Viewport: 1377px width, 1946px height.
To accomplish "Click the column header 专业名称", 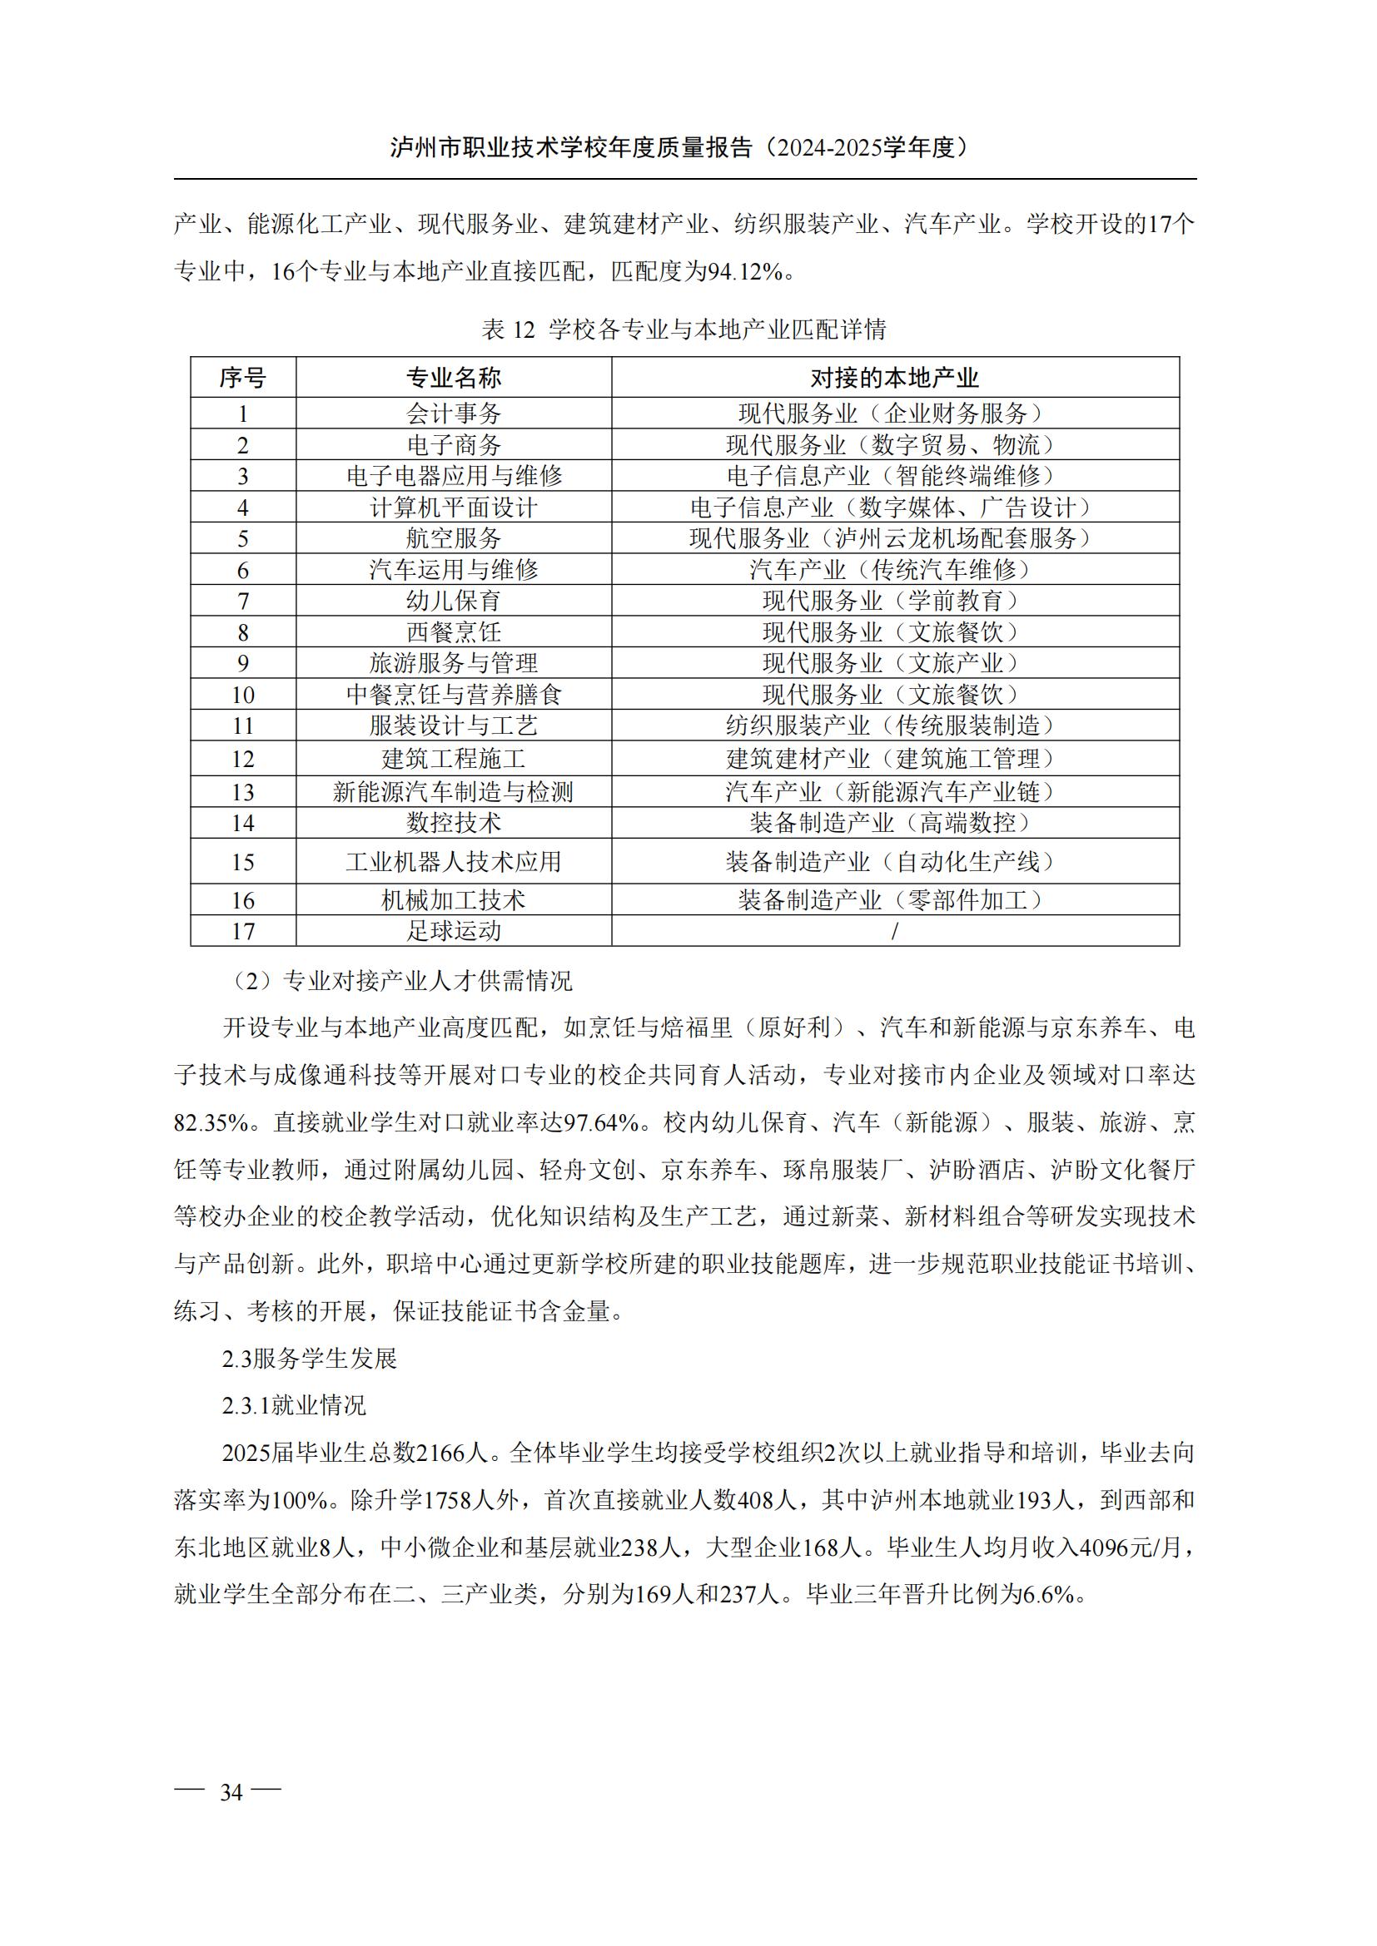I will [454, 378].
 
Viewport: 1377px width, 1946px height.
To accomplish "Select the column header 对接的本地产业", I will [894, 378].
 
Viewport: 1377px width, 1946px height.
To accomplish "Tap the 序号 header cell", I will [242, 378].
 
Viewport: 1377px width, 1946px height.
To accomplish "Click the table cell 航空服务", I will [454, 538].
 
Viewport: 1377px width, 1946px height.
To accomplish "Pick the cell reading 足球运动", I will [454, 931].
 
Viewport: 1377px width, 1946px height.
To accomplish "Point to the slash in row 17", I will [894, 931].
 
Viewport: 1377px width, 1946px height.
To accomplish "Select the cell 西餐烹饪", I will [454, 632].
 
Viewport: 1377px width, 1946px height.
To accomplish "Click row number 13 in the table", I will [242, 791].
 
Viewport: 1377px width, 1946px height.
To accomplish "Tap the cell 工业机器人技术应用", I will [454, 862].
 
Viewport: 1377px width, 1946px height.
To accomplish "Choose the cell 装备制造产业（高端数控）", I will [894, 823].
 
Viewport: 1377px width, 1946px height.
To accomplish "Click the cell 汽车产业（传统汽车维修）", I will [894, 570].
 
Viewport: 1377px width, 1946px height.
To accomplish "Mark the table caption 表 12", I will [509, 329].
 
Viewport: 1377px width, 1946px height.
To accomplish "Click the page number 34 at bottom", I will [231, 1792].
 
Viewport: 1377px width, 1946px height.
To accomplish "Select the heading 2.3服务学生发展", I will [310, 1359].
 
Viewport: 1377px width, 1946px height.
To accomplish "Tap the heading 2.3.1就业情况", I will [294, 1405].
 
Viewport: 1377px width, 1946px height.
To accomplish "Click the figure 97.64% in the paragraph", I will [600, 1123].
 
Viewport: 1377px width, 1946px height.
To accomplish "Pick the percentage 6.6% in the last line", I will [1049, 1594].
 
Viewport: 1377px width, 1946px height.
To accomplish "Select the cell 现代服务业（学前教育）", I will [894, 601].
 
